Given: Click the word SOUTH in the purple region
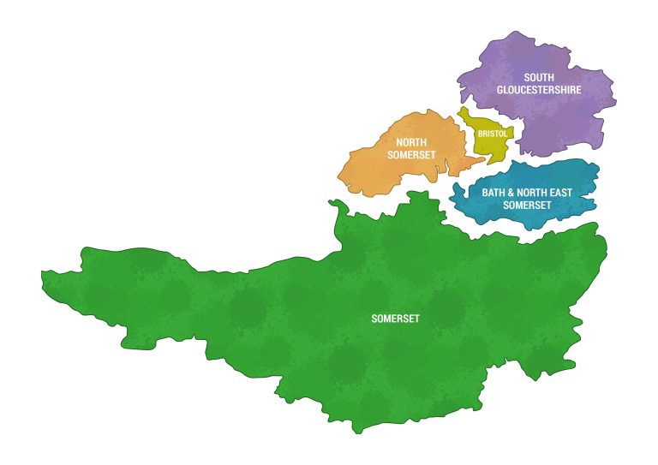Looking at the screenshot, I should (x=539, y=77).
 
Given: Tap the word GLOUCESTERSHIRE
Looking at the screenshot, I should (x=539, y=89).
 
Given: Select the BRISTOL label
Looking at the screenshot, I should (x=492, y=134).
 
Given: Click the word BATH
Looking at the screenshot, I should (x=493, y=193).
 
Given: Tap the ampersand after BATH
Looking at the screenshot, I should (x=512, y=193).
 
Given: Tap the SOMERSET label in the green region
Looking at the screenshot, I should (x=395, y=319).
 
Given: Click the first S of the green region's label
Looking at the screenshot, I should (x=374, y=319).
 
